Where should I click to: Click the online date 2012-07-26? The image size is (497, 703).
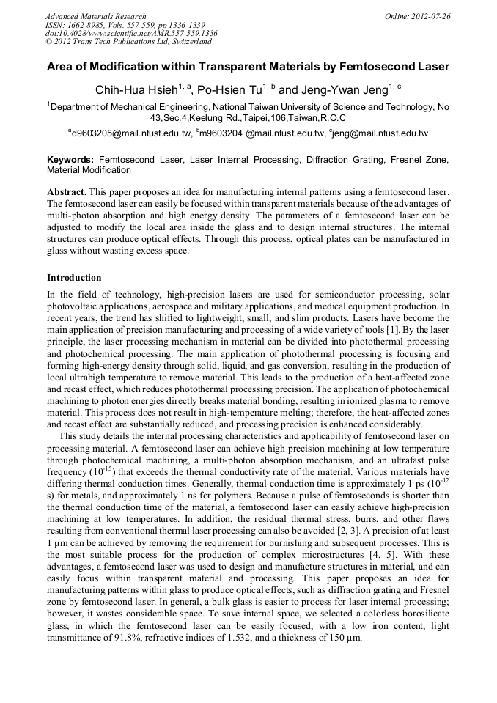430,16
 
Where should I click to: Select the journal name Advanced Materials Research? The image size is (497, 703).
95,16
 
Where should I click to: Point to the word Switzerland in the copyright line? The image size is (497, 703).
186,42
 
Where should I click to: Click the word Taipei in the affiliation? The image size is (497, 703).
267,117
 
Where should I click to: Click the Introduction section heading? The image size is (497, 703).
74,278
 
